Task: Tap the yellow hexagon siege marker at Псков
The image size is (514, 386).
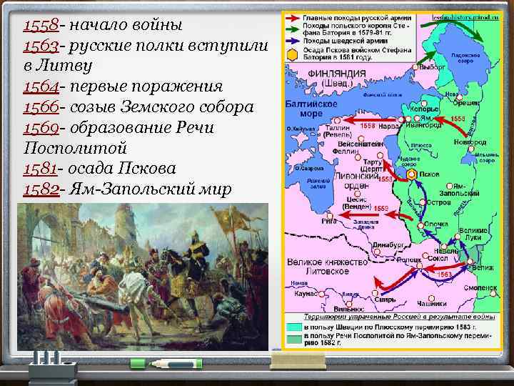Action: point(412,174)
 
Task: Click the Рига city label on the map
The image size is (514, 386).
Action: point(331,221)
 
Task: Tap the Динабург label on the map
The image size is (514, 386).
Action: point(387,245)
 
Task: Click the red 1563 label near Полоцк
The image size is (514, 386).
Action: point(444,274)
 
